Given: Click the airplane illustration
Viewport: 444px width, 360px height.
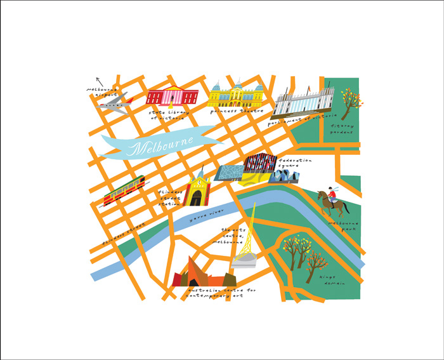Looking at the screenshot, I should (x=115, y=103).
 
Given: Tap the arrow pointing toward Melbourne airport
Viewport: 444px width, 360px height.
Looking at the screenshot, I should (x=98, y=81).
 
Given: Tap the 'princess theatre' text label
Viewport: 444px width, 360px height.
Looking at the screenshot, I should (x=233, y=110).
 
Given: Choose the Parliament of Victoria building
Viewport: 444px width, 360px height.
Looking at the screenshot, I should (x=303, y=102).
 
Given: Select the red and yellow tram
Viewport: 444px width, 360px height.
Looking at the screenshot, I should (x=124, y=191).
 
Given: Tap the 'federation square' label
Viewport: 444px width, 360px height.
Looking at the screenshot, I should (x=292, y=165).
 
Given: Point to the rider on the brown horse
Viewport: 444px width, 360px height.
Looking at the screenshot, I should (x=332, y=201).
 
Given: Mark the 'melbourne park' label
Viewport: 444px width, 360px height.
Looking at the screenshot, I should (x=343, y=227).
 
